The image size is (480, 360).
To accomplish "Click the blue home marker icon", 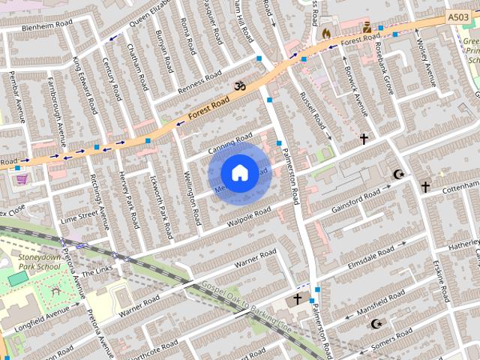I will click(x=238, y=172).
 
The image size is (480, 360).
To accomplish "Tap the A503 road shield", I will click(x=457, y=16).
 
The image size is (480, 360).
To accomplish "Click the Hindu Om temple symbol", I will click(x=239, y=86).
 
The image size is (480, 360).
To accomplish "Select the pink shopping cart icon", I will click(x=22, y=178).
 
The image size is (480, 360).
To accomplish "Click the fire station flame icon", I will click(x=326, y=33).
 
